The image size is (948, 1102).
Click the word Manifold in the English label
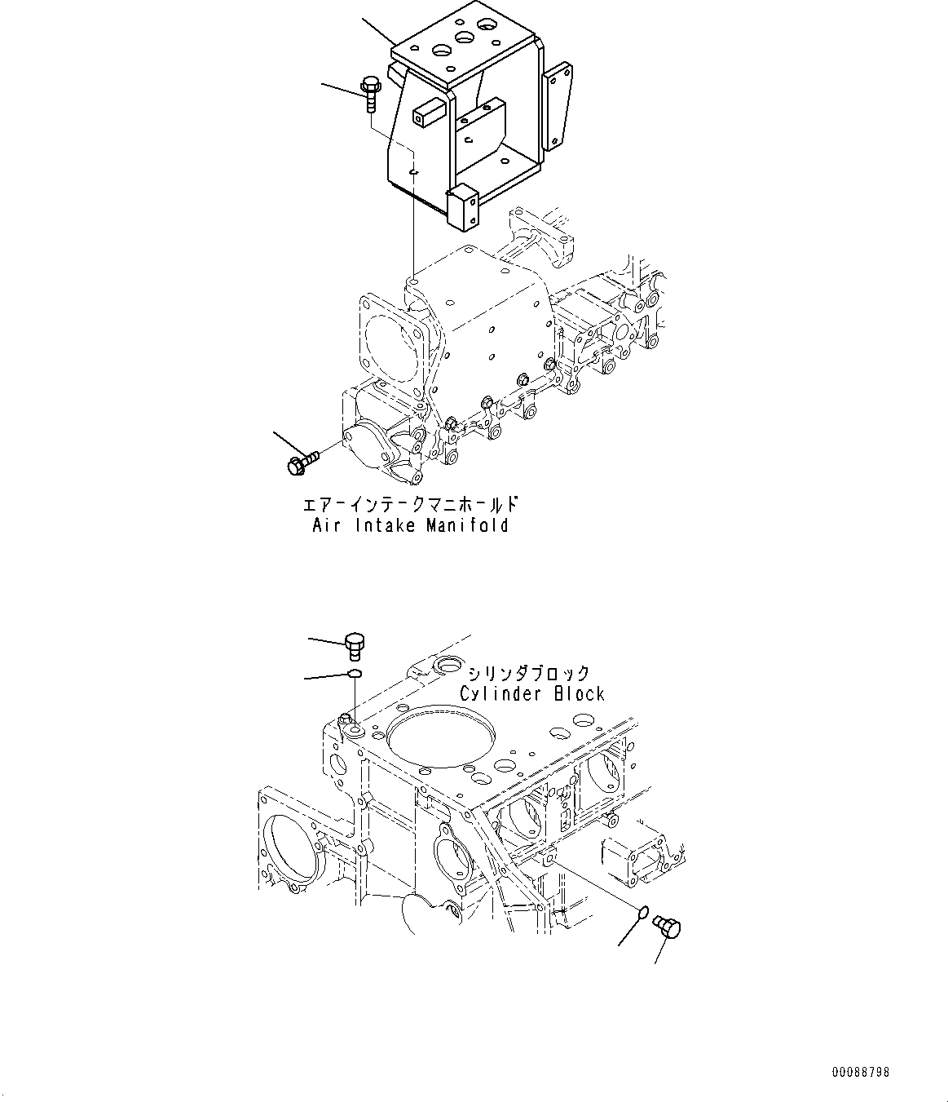tap(468, 525)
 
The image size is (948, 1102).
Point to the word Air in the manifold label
tap(328, 525)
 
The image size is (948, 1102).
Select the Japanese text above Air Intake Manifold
tap(410, 504)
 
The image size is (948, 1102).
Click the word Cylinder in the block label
tap(500, 694)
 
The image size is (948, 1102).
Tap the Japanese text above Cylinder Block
tap(528, 674)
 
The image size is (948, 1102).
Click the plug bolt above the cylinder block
tap(355, 644)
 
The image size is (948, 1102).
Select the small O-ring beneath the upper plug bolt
tap(354, 674)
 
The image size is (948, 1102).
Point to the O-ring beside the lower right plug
tap(642, 911)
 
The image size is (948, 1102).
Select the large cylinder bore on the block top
tap(442, 741)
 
